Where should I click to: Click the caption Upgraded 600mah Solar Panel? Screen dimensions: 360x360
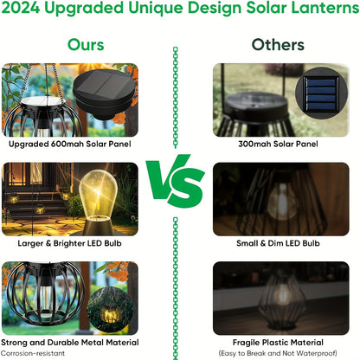click(x=69, y=143)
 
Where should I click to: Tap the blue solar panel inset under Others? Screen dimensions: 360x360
click(x=321, y=92)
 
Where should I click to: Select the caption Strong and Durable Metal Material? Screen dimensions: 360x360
click(x=69, y=342)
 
